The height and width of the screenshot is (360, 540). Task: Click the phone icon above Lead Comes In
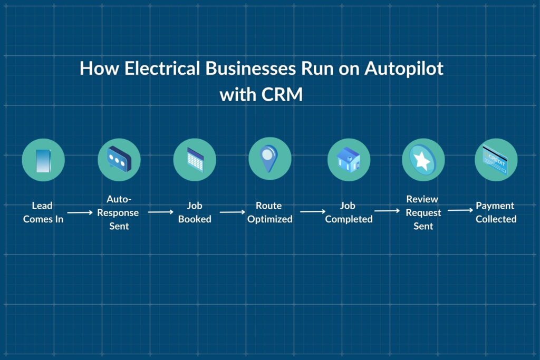[x=43, y=160]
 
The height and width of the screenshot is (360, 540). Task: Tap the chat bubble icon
[x=119, y=160]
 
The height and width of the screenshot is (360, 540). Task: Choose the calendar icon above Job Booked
[x=195, y=159]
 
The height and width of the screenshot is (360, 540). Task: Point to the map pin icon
[x=269, y=159]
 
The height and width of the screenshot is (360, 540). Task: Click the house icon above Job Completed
[x=349, y=159]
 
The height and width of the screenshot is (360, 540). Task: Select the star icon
[x=423, y=160]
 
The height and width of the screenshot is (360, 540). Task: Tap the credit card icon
[x=496, y=160]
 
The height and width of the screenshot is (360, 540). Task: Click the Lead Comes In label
[x=43, y=212]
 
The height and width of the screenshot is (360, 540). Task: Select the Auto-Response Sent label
[x=119, y=212]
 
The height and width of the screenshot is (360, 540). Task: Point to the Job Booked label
[x=195, y=212]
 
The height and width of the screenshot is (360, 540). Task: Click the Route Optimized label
[x=269, y=212]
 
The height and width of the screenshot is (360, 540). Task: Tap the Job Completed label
[x=349, y=212]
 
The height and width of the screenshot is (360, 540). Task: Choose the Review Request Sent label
[x=423, y=212]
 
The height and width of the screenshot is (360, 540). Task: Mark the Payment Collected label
[x=496, y=212]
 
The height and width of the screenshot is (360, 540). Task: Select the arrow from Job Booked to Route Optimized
[x=233, y=212]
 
